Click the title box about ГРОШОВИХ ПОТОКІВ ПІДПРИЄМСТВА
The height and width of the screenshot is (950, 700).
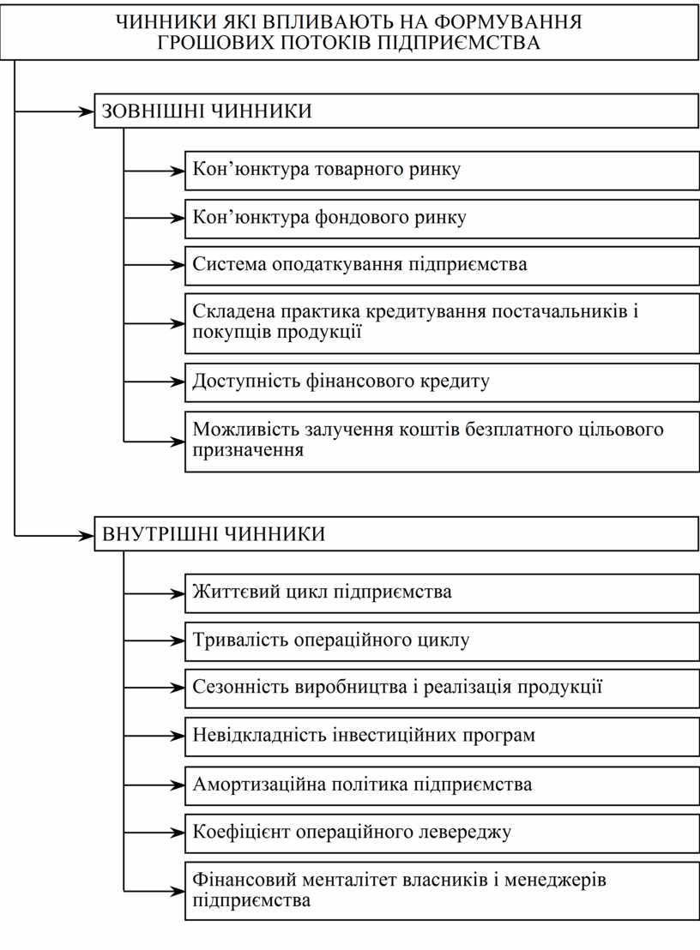coord(349,33)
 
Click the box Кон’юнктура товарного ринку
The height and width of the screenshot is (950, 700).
coord(441,169)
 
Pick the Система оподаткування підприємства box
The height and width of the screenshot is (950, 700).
coord(441,264)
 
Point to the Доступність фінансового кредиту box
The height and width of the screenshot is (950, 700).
coord(441,381)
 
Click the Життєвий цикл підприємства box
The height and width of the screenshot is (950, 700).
coord(441,592)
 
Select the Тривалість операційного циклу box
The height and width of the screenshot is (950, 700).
coord(441,640)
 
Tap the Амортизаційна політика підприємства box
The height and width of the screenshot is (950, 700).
coord(441,784)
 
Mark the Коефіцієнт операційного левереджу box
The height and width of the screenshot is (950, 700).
coord(441,832)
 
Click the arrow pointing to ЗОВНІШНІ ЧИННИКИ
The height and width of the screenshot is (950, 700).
coord(55,111)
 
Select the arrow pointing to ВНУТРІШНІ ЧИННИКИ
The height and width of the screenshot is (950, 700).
coord(55,535)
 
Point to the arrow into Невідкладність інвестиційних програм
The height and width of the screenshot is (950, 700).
coord(154,736)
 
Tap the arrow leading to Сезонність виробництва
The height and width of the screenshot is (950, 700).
coord(154,688)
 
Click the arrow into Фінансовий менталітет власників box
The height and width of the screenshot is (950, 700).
coord(154,890)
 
